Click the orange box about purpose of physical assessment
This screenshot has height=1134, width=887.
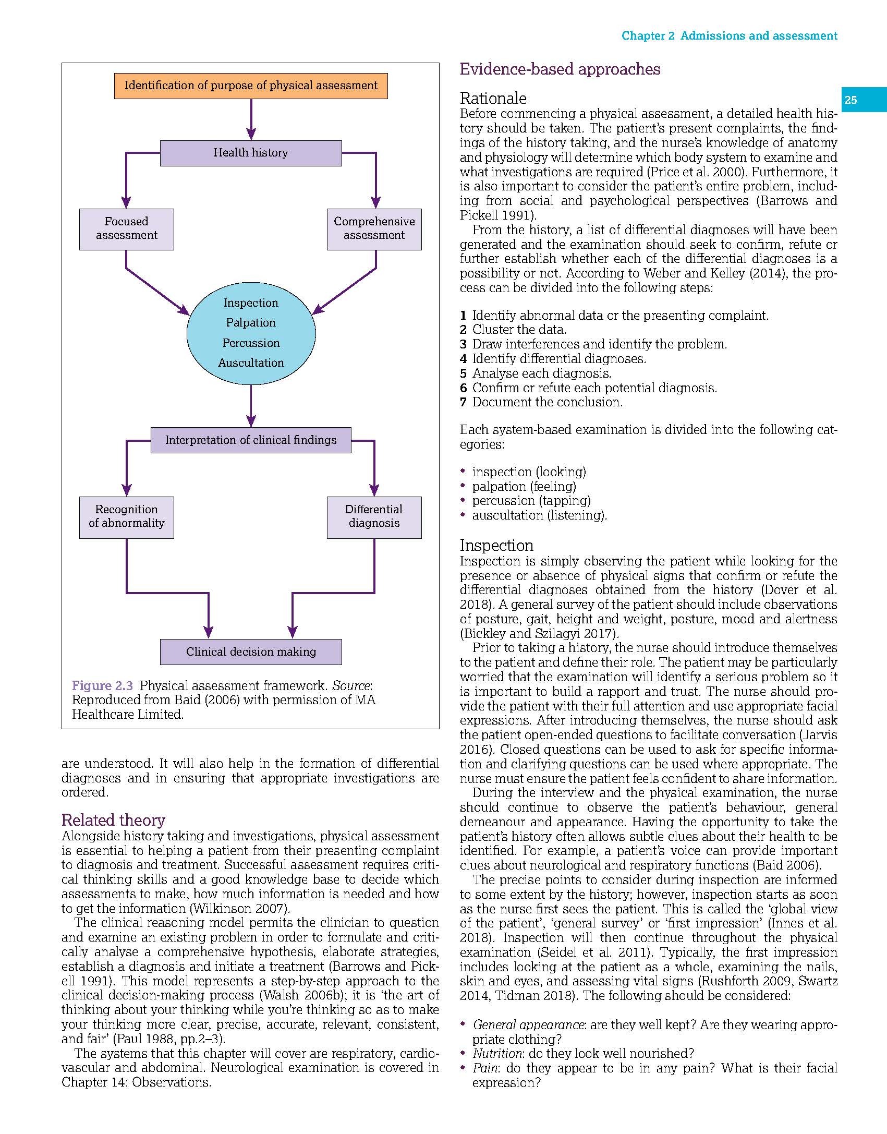[x=251, y=86]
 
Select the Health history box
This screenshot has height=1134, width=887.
[x=251, y=153]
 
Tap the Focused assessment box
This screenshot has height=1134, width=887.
[x=126, y=228]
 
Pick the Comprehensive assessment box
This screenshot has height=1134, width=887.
[x=374, y=228]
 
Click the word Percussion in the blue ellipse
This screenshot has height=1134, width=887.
[x=251, y=343]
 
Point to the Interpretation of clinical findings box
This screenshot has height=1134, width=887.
[x=251, y=440]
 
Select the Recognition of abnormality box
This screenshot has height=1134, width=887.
[x=126, y=516]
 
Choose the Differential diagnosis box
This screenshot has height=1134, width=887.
[x=374, y=516]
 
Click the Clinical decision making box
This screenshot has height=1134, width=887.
[x=251, y=652]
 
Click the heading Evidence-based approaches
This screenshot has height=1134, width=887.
[x=560, y=69]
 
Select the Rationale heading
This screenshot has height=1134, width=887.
[x=493, y=99]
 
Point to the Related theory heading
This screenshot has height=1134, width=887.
[x=113, y=820]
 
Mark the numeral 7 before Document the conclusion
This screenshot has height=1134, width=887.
[x=463, y=402]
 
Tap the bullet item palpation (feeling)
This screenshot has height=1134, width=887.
[x=524, y=487]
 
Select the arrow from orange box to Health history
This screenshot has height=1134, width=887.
[x=251, y=119]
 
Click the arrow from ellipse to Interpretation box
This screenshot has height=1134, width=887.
[x=251, y=406]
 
